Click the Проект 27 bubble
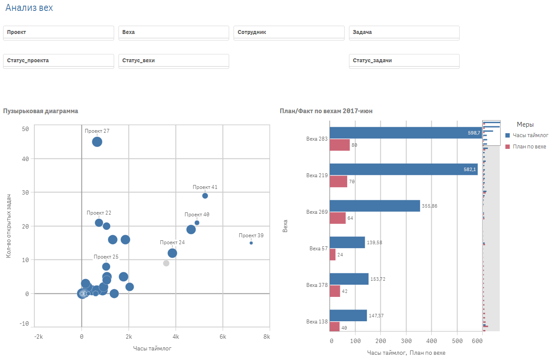click(97, 141)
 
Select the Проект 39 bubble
click(251, 243)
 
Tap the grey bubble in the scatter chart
click(166, 263)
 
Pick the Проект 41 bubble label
click(205, 187)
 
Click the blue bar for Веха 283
click(405, 133)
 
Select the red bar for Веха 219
click(338, 182)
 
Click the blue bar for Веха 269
click(375, 206)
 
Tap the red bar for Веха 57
click(332, 254)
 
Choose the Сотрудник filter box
click(289, 32)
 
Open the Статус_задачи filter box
click(404, 61)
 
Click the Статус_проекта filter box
click(58, 61)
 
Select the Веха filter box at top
click(173, 32)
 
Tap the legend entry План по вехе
click(529, 147)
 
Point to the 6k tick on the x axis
click(223, 337)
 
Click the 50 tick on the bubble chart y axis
click(25, 129)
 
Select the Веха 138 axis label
click(317, 322)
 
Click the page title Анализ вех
click(29, 8)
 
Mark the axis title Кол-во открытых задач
click(8, 226)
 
